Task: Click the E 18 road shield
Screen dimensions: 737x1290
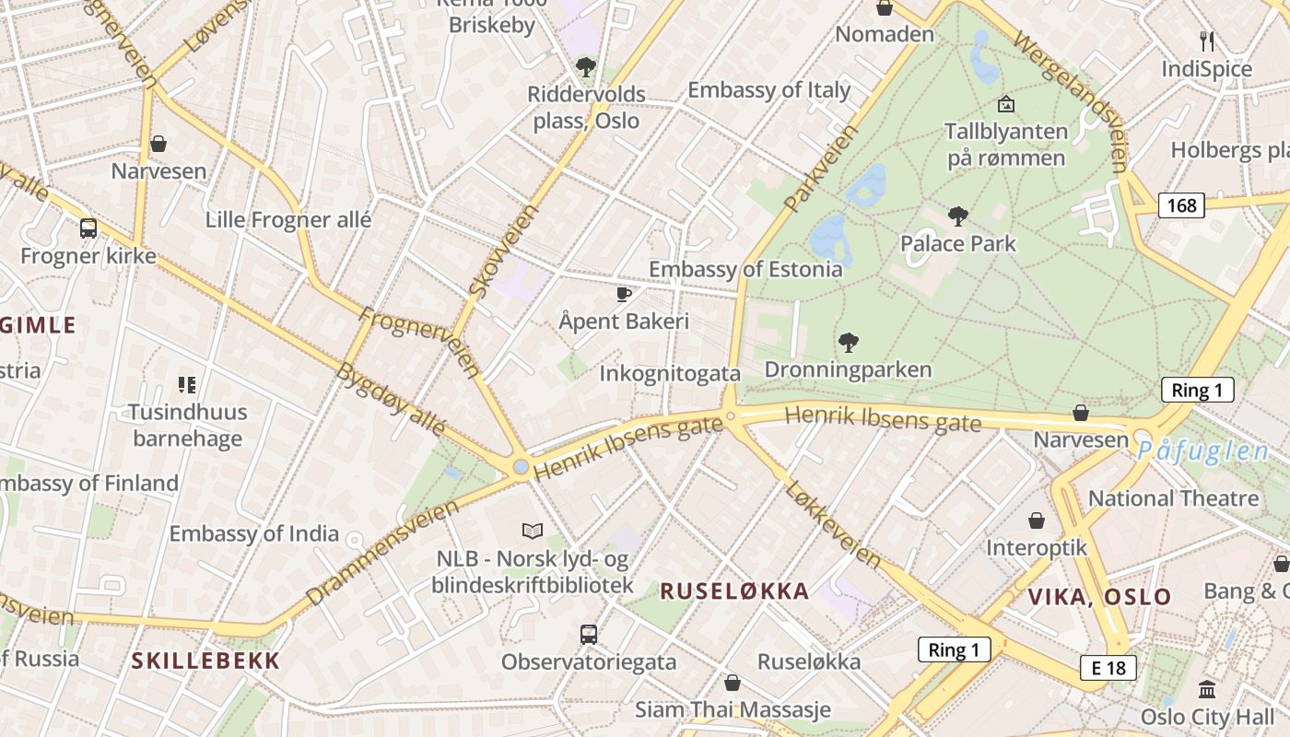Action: [x=1108, y=668]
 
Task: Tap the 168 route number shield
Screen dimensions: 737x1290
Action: [x=1181, y=205]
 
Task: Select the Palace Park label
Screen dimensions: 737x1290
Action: [x=958, y=243]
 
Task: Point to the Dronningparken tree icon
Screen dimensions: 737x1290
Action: [x=849, y=343]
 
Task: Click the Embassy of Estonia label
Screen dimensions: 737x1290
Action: [x=745, y=269]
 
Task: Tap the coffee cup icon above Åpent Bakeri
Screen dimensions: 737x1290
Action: [x=624, y=295]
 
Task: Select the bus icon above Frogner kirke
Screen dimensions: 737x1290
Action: [x=88, y=228]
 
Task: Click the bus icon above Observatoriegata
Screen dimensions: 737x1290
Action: [x=589, y=634]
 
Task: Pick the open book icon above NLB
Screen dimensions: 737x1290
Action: [x=533, y=531]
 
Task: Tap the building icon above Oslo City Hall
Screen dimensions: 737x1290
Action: [x=1207, y=689]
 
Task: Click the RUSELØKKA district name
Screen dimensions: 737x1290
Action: [x=734, y=591]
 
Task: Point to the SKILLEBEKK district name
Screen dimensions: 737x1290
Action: [x=205, y=660]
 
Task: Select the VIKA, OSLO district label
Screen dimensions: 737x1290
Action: [x=1099, y=596]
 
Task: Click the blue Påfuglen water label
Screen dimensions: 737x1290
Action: [x=1202, y=451]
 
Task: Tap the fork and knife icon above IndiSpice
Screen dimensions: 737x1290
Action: [x=1207, y=41]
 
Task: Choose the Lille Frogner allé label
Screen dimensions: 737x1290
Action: [x=288, y=220]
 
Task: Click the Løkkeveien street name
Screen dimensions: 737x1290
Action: [x=833, y=522]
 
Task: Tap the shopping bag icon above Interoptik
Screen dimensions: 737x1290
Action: [x=1037, y=521]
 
